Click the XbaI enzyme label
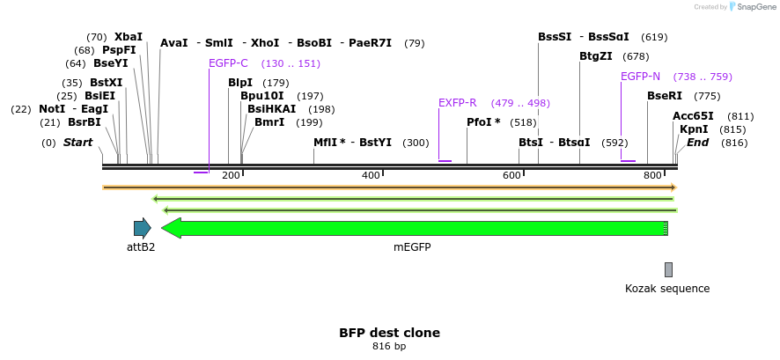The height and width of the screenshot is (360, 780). [x=129, y=37]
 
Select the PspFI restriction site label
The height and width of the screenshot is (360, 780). [x=119, y=50]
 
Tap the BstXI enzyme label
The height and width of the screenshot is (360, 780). [x=107, y=83]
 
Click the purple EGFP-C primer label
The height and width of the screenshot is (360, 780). [x=228, y=63]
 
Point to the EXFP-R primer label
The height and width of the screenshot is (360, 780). [x=457, y=103]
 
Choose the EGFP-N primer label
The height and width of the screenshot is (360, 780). [x=640, y=77]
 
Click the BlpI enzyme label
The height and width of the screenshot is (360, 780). [x=240, y=83]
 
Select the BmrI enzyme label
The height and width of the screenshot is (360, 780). [x=269, y=122]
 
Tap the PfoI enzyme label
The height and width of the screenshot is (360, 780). [x=483, y=122]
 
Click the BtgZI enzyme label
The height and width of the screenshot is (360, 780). [x=595, y=56]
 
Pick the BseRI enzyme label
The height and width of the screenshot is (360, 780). [x=665, y=96]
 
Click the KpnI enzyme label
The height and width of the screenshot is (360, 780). [x=694, y=129]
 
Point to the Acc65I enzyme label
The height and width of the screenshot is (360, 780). [x=693, y=116]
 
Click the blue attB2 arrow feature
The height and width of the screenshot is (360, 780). [x=142, y=228]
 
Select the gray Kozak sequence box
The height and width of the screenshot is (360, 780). [x=668, y=269]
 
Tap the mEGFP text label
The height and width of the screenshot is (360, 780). [x=412, y=247]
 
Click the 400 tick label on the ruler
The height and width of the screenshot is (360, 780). [x=370, y=176]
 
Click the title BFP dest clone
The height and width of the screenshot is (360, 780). [x=389, y=333]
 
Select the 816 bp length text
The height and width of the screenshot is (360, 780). [x=389, y=347]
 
